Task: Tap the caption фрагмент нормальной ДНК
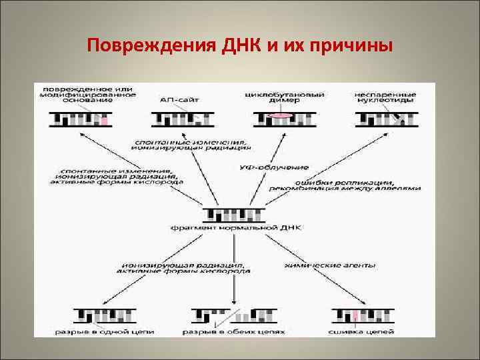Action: point(236,227)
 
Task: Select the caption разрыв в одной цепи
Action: point(105,330)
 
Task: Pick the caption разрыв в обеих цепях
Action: point(233,330)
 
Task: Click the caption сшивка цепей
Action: point(362,330)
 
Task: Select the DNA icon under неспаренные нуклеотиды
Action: point(387,119)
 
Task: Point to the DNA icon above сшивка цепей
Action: point(362,314)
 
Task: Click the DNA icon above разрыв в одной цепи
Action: point(105,314)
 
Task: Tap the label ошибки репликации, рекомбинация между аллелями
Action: point(345,185)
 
